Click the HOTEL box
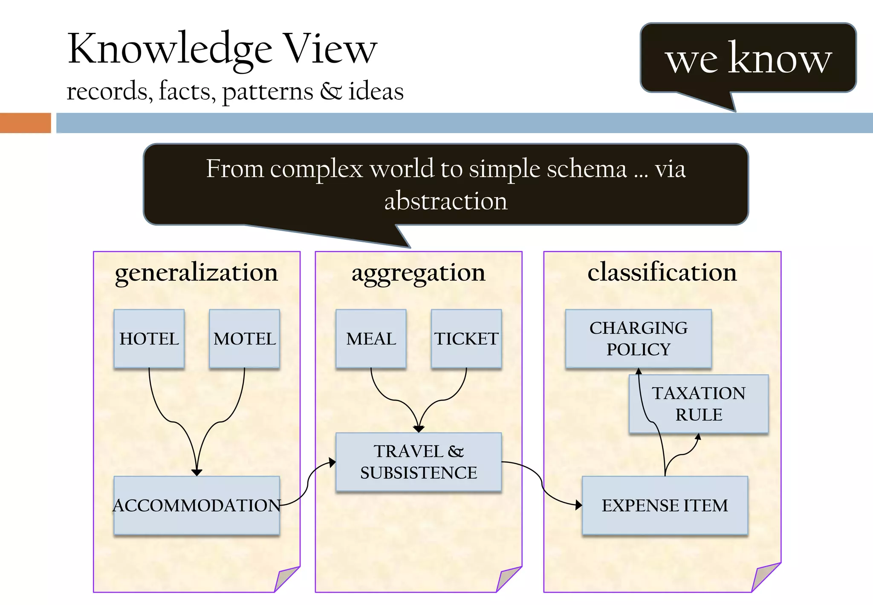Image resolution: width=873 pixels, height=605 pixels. pos(149,338)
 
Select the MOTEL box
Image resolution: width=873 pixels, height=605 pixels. pos(244,338)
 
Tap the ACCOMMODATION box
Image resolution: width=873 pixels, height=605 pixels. pos(197,505)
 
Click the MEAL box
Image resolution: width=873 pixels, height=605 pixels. pos(371,338)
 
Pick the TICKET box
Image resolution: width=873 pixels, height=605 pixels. pos(466,338)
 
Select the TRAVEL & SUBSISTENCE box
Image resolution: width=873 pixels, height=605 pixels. pos(418,462)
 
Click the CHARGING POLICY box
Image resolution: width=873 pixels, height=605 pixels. pos(638,338)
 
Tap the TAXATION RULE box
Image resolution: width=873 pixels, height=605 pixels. pos(708,404)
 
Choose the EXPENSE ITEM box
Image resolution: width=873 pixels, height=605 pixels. pos(665,505)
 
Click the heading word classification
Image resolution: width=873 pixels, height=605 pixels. pos(662,272)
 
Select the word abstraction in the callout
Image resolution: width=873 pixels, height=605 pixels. pos(446,201)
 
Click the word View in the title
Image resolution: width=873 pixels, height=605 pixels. pos(330,49)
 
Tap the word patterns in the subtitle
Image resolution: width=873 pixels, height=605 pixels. pos(268,91)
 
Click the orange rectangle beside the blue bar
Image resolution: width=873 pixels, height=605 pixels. pos(25,123)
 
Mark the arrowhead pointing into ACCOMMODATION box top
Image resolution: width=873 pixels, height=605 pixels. pos(197,472)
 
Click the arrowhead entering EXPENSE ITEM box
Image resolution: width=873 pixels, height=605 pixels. pos(578,505)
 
